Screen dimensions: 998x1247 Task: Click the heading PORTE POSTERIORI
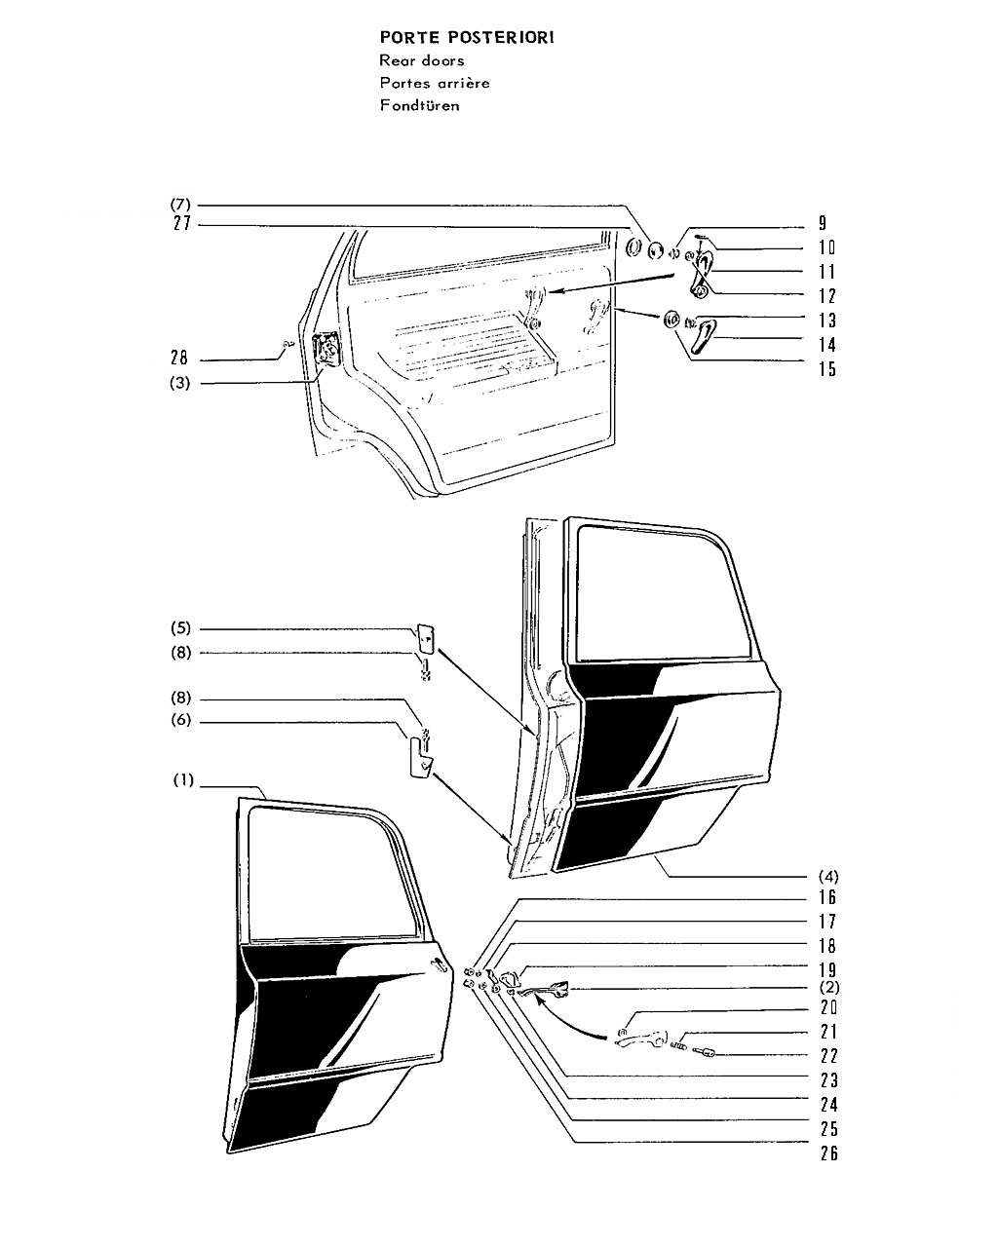tap(466, 38)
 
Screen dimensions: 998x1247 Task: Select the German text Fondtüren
tap(419, 105)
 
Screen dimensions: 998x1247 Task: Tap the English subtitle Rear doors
tap(422, 60)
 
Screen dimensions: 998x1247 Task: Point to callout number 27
tap(182, 224)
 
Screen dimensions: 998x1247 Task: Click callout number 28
tap(179, 358)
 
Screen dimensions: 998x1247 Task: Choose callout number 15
tap(827, 369)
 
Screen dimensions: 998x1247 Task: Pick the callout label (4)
tap(827, 877)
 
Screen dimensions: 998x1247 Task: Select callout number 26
tap(829, 1153)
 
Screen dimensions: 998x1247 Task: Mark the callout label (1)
tap(183, 780)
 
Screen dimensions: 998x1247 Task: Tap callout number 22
tap(829, 1056)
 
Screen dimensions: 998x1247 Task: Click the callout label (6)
tap(181, 720)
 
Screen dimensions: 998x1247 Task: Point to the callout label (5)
tap(181, 628)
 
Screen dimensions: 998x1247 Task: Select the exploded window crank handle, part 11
tap(702, 277)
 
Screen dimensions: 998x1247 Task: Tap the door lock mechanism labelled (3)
tap(326, 349)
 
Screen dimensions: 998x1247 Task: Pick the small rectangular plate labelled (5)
tap(426, 639)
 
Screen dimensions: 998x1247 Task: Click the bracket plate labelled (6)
tap(420, 758)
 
